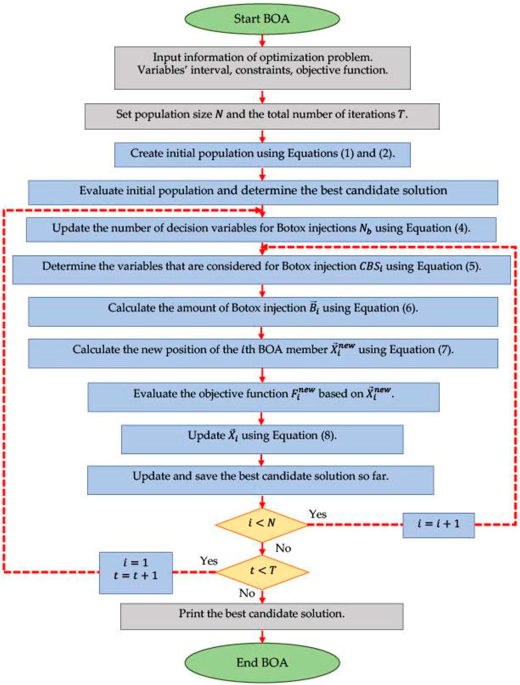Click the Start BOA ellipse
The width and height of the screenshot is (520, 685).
pyautogui.click(x=262, y=19)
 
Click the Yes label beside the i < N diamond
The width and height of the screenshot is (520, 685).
pyautogui.click(x=317, y=514)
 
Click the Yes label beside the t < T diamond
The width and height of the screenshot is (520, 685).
pyautogui.click(x=209, y=561)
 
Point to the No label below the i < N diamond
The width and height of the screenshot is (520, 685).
pyautogui.click(x=283, y=548)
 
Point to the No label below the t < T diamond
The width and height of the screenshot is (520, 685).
pyautogui.click(x=247, y=593)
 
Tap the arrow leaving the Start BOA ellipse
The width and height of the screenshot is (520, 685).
pyautogui.click(x=262, y=40)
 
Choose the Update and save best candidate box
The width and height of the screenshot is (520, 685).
pyautogui.click(x=260, y=480)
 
